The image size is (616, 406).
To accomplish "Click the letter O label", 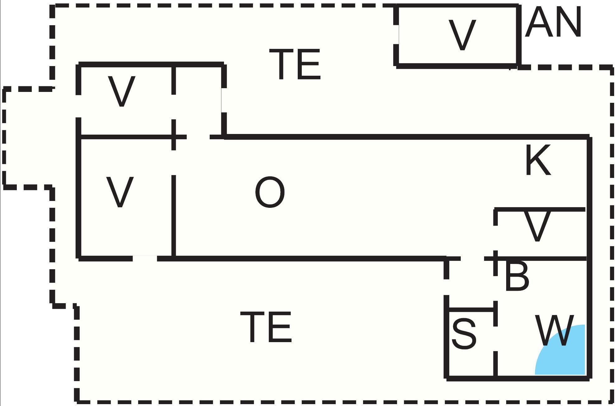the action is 270,192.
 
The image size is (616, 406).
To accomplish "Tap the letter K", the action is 538,160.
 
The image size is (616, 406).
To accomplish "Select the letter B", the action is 517,276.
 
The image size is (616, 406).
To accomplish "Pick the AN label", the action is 553,22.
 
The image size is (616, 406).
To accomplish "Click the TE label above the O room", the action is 295,64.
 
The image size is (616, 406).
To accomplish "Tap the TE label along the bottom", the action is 266,327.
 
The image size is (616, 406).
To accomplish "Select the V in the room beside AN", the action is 462,35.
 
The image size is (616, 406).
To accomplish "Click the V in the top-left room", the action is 121,92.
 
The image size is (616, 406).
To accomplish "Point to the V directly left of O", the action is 120,192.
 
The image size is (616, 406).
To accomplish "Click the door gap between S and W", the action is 495,339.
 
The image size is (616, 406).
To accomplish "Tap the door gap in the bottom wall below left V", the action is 145,258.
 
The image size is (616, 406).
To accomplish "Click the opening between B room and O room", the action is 472,259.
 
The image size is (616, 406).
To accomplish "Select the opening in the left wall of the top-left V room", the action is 79,106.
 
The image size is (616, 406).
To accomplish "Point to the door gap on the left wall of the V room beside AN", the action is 396,35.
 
